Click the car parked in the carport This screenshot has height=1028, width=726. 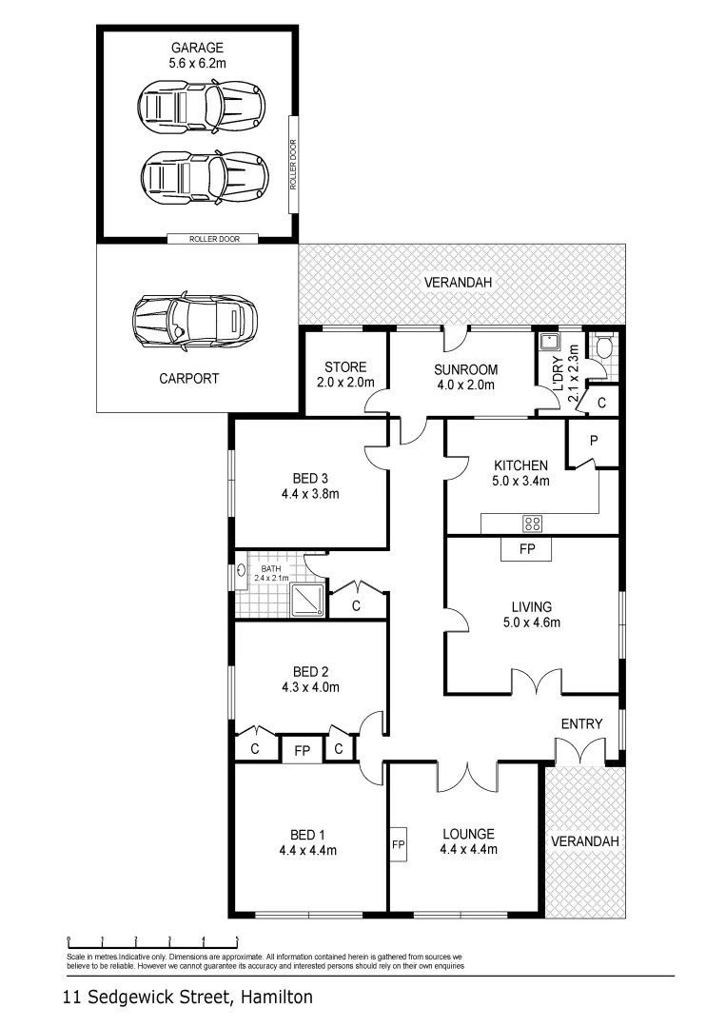click(195, 321)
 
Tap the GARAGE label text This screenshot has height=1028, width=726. click(198, 48)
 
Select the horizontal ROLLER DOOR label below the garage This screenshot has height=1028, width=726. click(211, 239)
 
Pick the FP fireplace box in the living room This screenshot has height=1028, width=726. click(526, 549)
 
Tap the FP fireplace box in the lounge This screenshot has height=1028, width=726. click(398, 843)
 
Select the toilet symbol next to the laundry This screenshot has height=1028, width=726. click(602, 347)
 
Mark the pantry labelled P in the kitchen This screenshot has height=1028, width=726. click(592, 440)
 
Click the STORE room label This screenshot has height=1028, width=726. click(344, 367)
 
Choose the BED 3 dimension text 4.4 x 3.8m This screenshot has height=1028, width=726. click(310, 494)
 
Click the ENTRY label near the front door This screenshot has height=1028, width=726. click(581, 723)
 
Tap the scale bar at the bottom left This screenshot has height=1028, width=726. click(151, 942)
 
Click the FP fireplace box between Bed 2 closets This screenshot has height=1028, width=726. click(303, 749)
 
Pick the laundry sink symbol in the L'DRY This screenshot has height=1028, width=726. click(550, 344)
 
